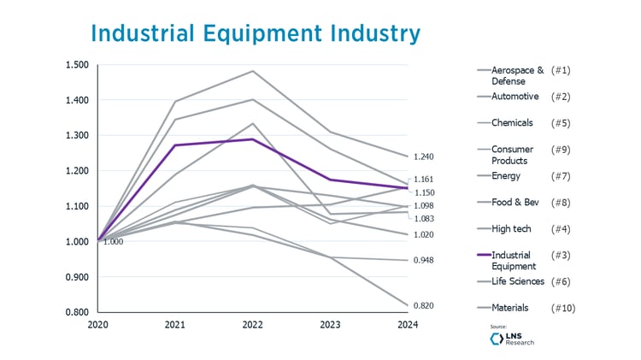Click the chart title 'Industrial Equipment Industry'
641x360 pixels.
click(x=255, y=32)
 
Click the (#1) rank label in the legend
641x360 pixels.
click(x=561, y=69)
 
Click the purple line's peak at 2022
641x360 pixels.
click(x=252, y=139)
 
